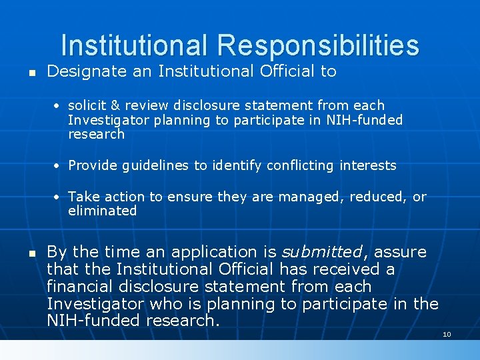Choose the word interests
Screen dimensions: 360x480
369,165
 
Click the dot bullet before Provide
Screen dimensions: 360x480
59,166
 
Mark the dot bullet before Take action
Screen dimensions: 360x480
59,197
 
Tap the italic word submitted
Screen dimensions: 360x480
321,252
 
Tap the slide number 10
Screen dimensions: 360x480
447,334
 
